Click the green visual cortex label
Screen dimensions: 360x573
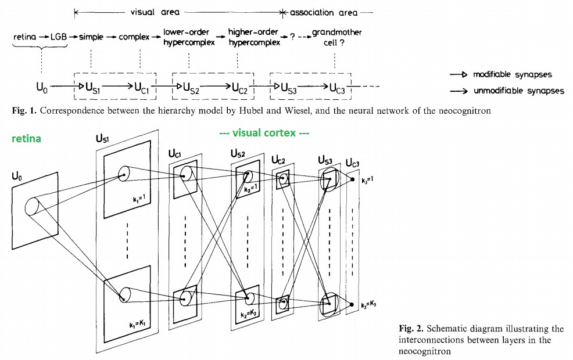pyautogui.click(x=264, y=133)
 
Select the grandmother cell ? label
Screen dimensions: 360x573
pyautogui.click(x=336, y=37)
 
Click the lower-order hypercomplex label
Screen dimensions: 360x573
pyautogui.click(x=189, y=37)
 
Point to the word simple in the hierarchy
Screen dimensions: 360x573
pyautogui.click(x=91, y=37)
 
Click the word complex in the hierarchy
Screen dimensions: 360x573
pyautogui.click(x=134, y=37)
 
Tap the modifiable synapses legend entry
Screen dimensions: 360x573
pyautogui.click(x=511, y=75)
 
